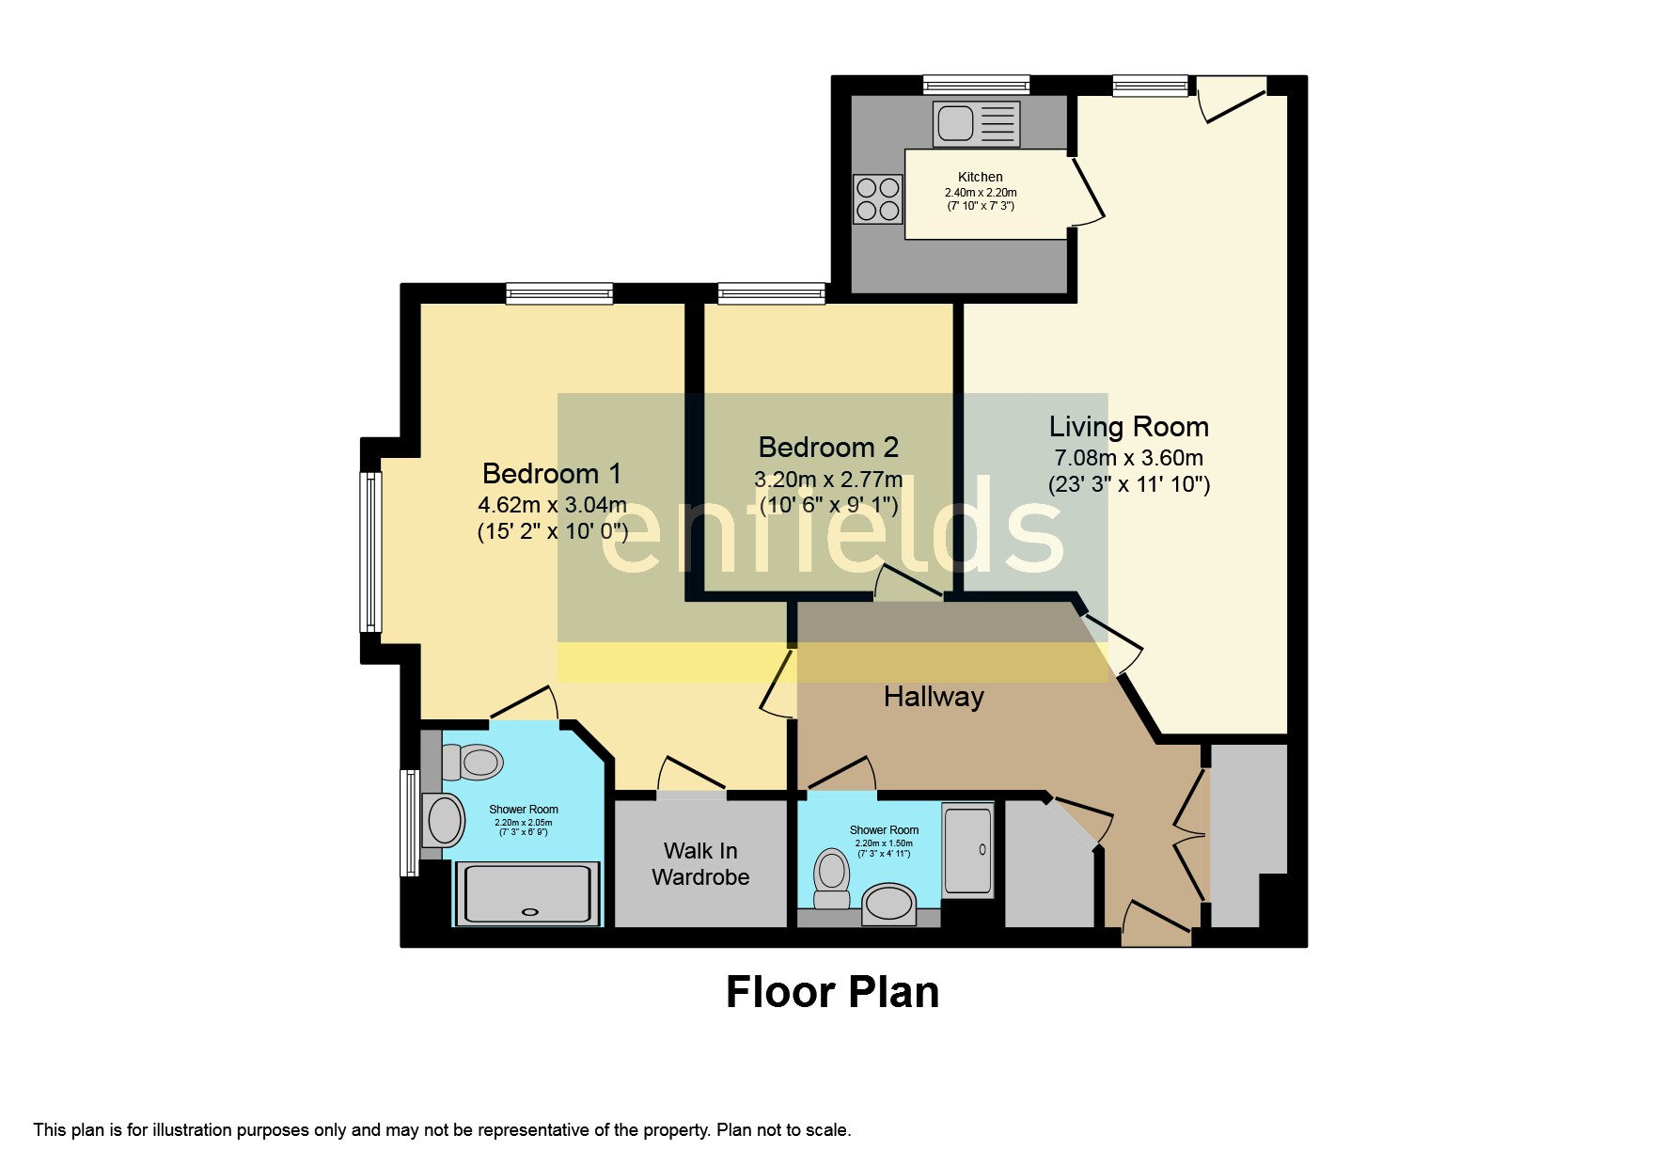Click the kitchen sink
tap(975, 124)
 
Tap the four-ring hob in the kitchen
tap(876, 199)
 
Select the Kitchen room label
tap(980, 177)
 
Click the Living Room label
tap(1128, 427)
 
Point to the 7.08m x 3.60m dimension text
tap(1128, 458)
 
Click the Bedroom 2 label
tap(827, 447)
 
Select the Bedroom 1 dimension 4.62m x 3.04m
tap(551, 505)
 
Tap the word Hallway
tap(933, 697)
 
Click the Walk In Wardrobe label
tap(700, 863)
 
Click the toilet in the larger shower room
tap(470, 762)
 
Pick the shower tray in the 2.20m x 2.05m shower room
tap(527, 893)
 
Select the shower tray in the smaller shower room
tap(967, 849)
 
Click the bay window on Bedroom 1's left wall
tap(371, 552)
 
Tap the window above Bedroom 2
tap(771, 293)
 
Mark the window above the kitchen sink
tap(975, 86)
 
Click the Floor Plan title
tap(832, 992)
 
